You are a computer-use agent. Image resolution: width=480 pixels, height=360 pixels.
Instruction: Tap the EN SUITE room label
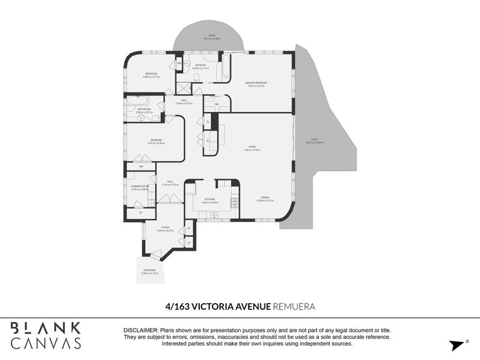(x=199, y=65)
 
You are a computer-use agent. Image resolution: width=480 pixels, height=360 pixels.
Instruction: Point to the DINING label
(x=265, y=197)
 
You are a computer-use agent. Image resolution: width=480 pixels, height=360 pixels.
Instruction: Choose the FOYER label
(x=165, y=227)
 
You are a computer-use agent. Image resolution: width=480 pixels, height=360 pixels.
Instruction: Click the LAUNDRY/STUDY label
(x=139, y=187)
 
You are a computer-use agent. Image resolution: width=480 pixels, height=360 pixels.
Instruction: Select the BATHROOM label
(x=144, y=109)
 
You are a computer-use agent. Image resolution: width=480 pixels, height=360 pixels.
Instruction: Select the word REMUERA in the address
(x=293, y=306)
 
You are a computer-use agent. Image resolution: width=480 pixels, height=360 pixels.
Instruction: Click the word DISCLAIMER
(x=140, y=331)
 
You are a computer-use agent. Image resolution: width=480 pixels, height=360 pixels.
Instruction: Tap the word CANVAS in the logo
(x=46, y=343)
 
